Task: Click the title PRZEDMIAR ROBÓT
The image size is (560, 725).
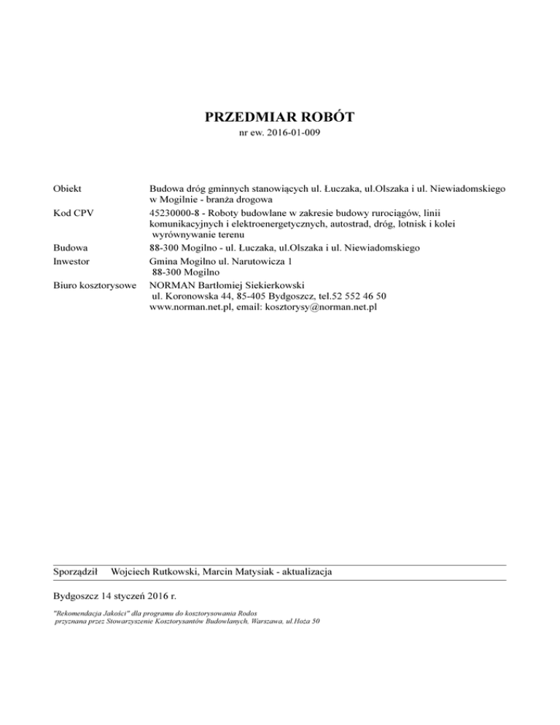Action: pyautogui.click(x=280, y=117)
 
